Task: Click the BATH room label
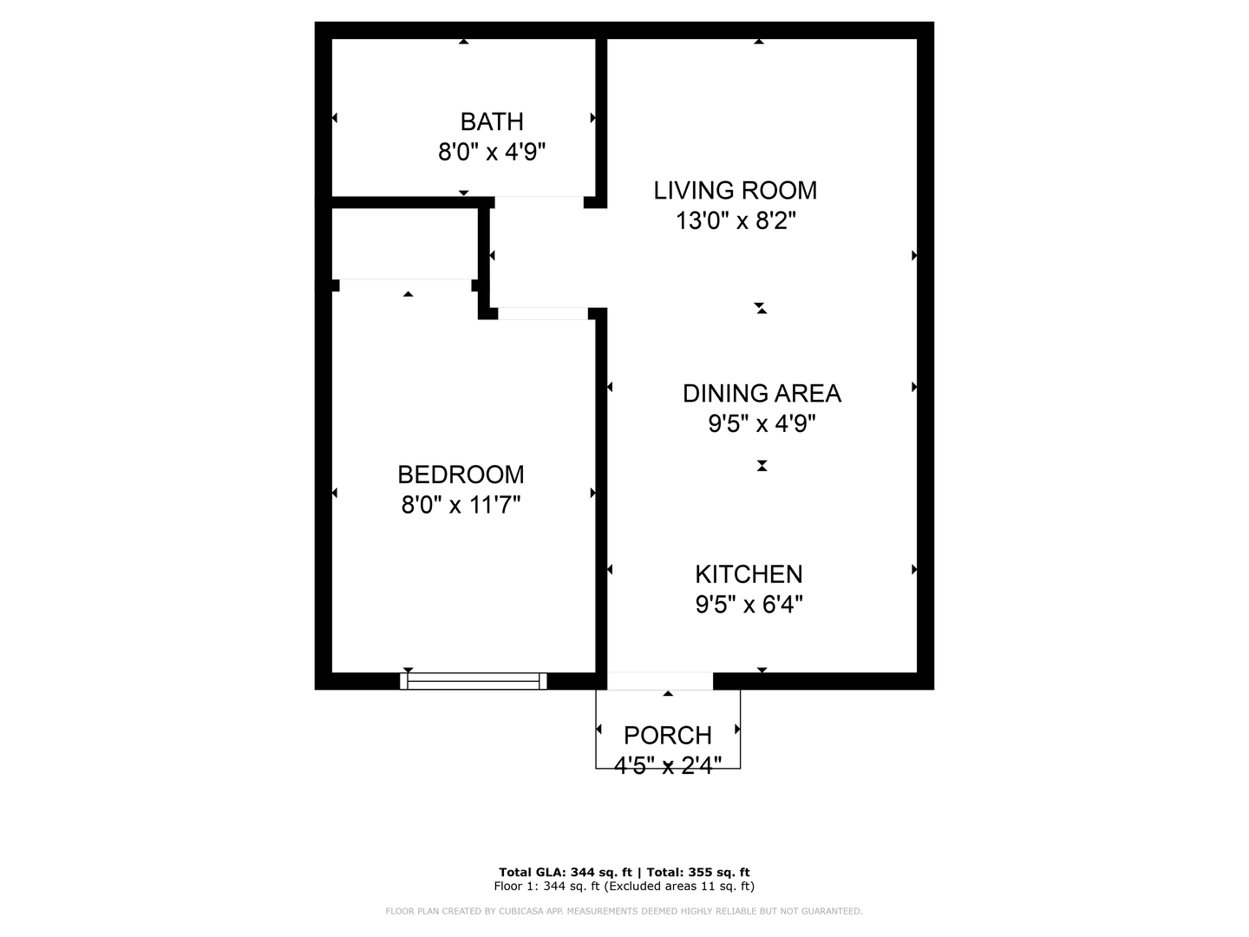492,121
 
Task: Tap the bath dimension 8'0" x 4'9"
492,152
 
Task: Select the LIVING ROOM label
735,191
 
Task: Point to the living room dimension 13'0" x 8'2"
735,220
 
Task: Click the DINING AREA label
762,394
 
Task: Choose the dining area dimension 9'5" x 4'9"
762,423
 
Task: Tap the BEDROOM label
461,475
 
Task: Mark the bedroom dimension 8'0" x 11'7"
461,505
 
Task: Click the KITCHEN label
749,574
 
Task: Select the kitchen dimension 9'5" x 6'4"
749,604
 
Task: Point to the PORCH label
668,736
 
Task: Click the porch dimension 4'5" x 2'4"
668,765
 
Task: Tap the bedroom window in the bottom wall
473,681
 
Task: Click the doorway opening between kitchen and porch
660,681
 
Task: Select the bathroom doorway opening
539,202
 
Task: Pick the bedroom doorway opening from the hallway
543,313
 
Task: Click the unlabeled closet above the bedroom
404,244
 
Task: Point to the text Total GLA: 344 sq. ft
565,872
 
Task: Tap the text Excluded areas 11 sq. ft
678,886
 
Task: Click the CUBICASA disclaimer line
624,911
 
